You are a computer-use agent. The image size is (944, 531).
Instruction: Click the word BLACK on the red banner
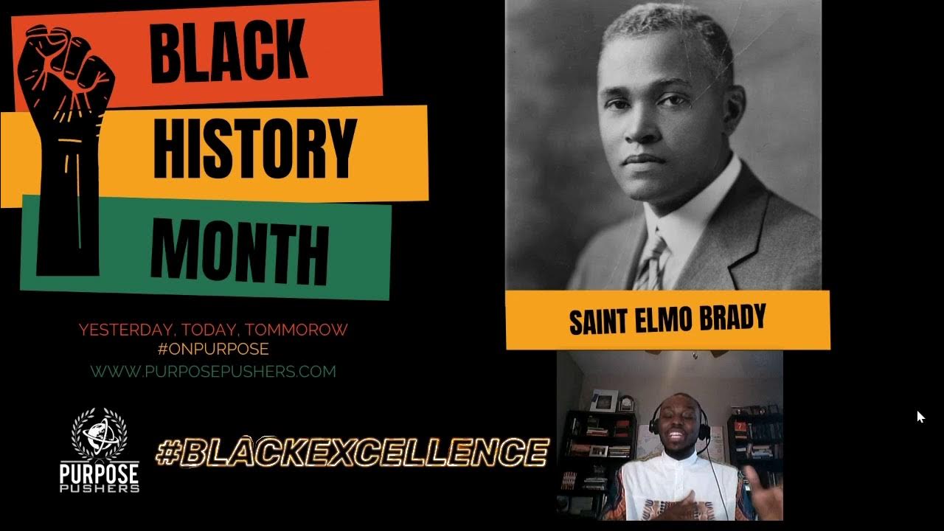point(228,51)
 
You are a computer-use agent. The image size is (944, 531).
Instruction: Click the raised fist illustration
point(68,133)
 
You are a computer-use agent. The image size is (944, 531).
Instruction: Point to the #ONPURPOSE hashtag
point(213,348)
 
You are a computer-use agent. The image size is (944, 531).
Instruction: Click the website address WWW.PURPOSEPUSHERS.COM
point(213,371)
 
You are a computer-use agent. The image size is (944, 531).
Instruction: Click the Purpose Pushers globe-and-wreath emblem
point(99,435)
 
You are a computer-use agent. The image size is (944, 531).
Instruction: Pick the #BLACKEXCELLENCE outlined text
point(353,451)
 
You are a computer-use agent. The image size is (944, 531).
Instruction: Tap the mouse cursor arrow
point(920,417)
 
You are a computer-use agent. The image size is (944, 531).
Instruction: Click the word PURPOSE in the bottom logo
point(99,471)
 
